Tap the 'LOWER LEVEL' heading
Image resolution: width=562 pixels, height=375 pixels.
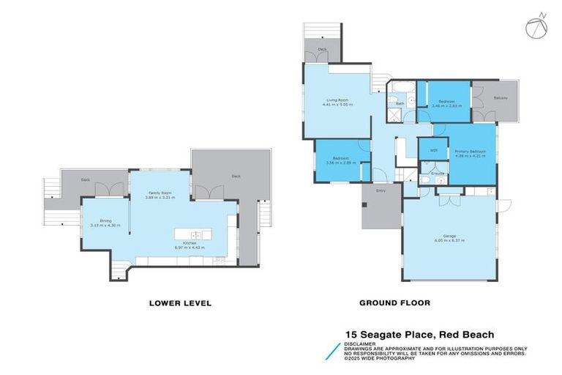coord(180,302)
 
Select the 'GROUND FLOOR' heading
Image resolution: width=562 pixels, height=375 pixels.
coord(394,302)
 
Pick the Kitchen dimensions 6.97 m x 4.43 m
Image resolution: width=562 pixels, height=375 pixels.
coord(190,248)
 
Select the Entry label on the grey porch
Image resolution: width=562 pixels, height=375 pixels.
coord(381,190)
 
